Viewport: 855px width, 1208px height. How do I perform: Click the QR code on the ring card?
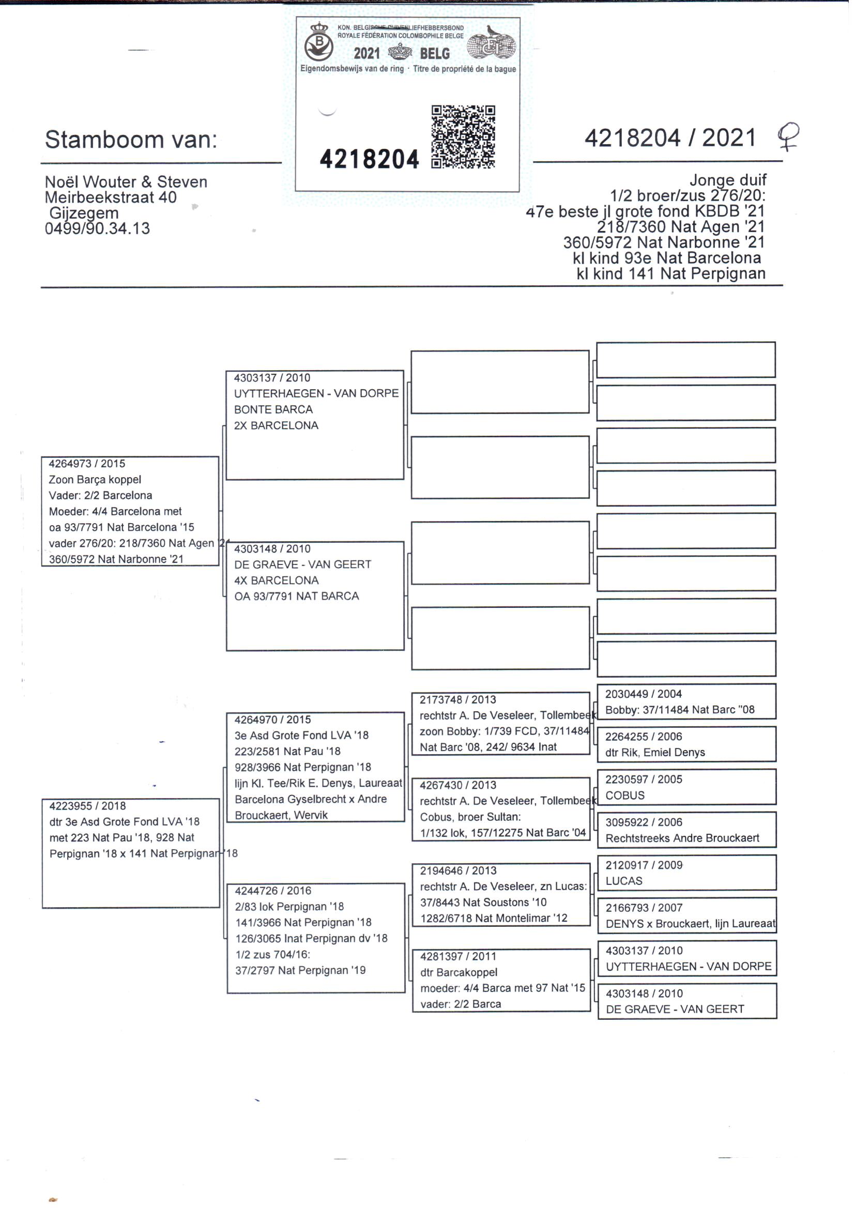(x=463, y=137)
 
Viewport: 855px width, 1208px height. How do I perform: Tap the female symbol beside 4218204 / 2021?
(x=788, y=136)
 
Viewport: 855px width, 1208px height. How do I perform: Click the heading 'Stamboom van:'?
(x=131, y=140)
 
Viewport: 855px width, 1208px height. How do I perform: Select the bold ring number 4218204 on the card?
(x=369, y=160)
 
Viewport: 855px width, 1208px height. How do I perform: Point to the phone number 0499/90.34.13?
(x=97, y=229)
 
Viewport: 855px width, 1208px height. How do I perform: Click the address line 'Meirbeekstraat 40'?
(x=111, y=197)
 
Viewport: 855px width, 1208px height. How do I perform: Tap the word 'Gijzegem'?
(x=84, y=213)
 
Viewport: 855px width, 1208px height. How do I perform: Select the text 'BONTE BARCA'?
(x=273, y=409)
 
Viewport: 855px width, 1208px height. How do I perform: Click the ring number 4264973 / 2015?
(x=87, y=464)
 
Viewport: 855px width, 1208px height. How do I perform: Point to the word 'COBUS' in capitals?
(x=624, y=796)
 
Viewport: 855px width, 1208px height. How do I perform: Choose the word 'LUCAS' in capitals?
(x=624, y=881)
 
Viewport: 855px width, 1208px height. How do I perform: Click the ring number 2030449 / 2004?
(x=644, y=694)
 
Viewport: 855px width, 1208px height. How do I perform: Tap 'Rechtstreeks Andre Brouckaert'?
(x=682, y=838)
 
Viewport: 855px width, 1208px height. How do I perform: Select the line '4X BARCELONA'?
(x=277, y=580)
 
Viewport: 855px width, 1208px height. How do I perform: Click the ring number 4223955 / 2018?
(x=87, y=806)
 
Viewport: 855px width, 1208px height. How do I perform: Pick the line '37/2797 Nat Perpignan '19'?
(x=300, y=970)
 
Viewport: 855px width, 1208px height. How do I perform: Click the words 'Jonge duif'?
(x=728, y=180)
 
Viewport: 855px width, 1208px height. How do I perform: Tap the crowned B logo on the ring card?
(x=318, y=43)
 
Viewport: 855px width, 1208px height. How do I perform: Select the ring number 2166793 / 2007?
(x=644, y=908)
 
